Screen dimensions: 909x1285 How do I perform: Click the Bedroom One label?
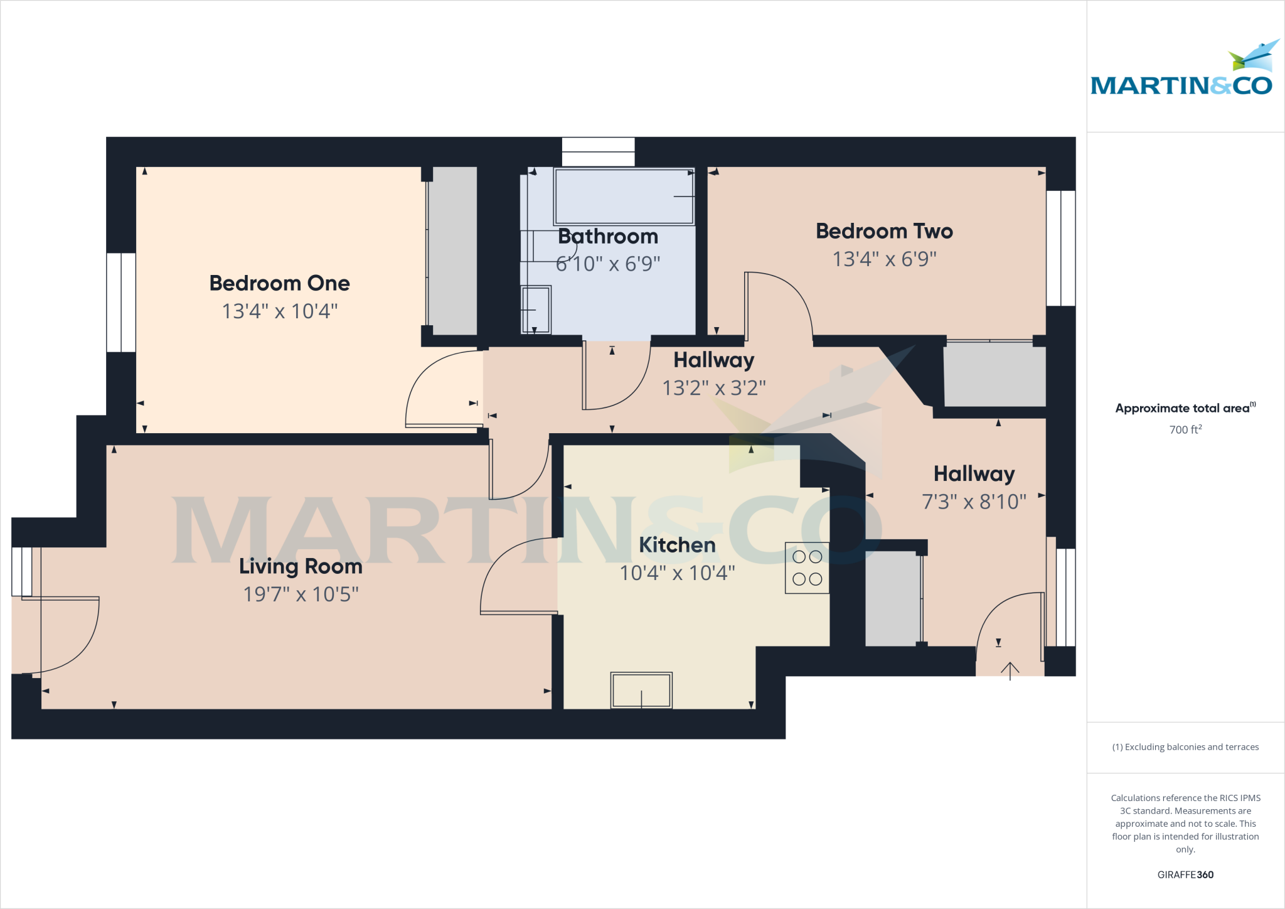(x=279, y=283)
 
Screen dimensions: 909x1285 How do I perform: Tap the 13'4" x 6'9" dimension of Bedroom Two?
(x=884, y=259)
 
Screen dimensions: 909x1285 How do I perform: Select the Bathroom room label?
(x=608, y=237)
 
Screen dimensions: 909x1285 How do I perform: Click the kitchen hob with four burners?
(x=807, y=568)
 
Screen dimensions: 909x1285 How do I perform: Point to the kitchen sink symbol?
(x=641, y=691)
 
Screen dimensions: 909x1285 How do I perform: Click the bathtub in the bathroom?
(x=624, y=196)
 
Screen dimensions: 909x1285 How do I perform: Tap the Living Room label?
(x=301, y=566)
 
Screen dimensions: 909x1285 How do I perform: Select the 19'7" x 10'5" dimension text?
(x=301, y=594)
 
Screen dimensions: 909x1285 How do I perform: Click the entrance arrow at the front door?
(x=1010, y=670)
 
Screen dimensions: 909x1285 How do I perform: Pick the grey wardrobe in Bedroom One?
(x=452, y=251)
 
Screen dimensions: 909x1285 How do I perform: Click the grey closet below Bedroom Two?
(x=994, y=375)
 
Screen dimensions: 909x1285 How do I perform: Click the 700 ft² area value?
(x=1185, y=430)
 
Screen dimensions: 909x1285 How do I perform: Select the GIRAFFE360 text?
(x=1185, y=874)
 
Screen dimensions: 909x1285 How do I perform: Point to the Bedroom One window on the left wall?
(x=121, y=303)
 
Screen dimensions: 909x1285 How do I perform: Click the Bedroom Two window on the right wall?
(x=1060, y=249)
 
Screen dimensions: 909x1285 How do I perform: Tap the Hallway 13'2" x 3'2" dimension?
(x=714, y=389)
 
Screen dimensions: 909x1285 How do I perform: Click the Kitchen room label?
(x=677, y=545)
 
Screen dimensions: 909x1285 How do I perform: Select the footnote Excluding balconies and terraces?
(x=1185, y=747)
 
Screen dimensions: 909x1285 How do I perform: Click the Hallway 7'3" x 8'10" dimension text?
(x=974, y=502)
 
